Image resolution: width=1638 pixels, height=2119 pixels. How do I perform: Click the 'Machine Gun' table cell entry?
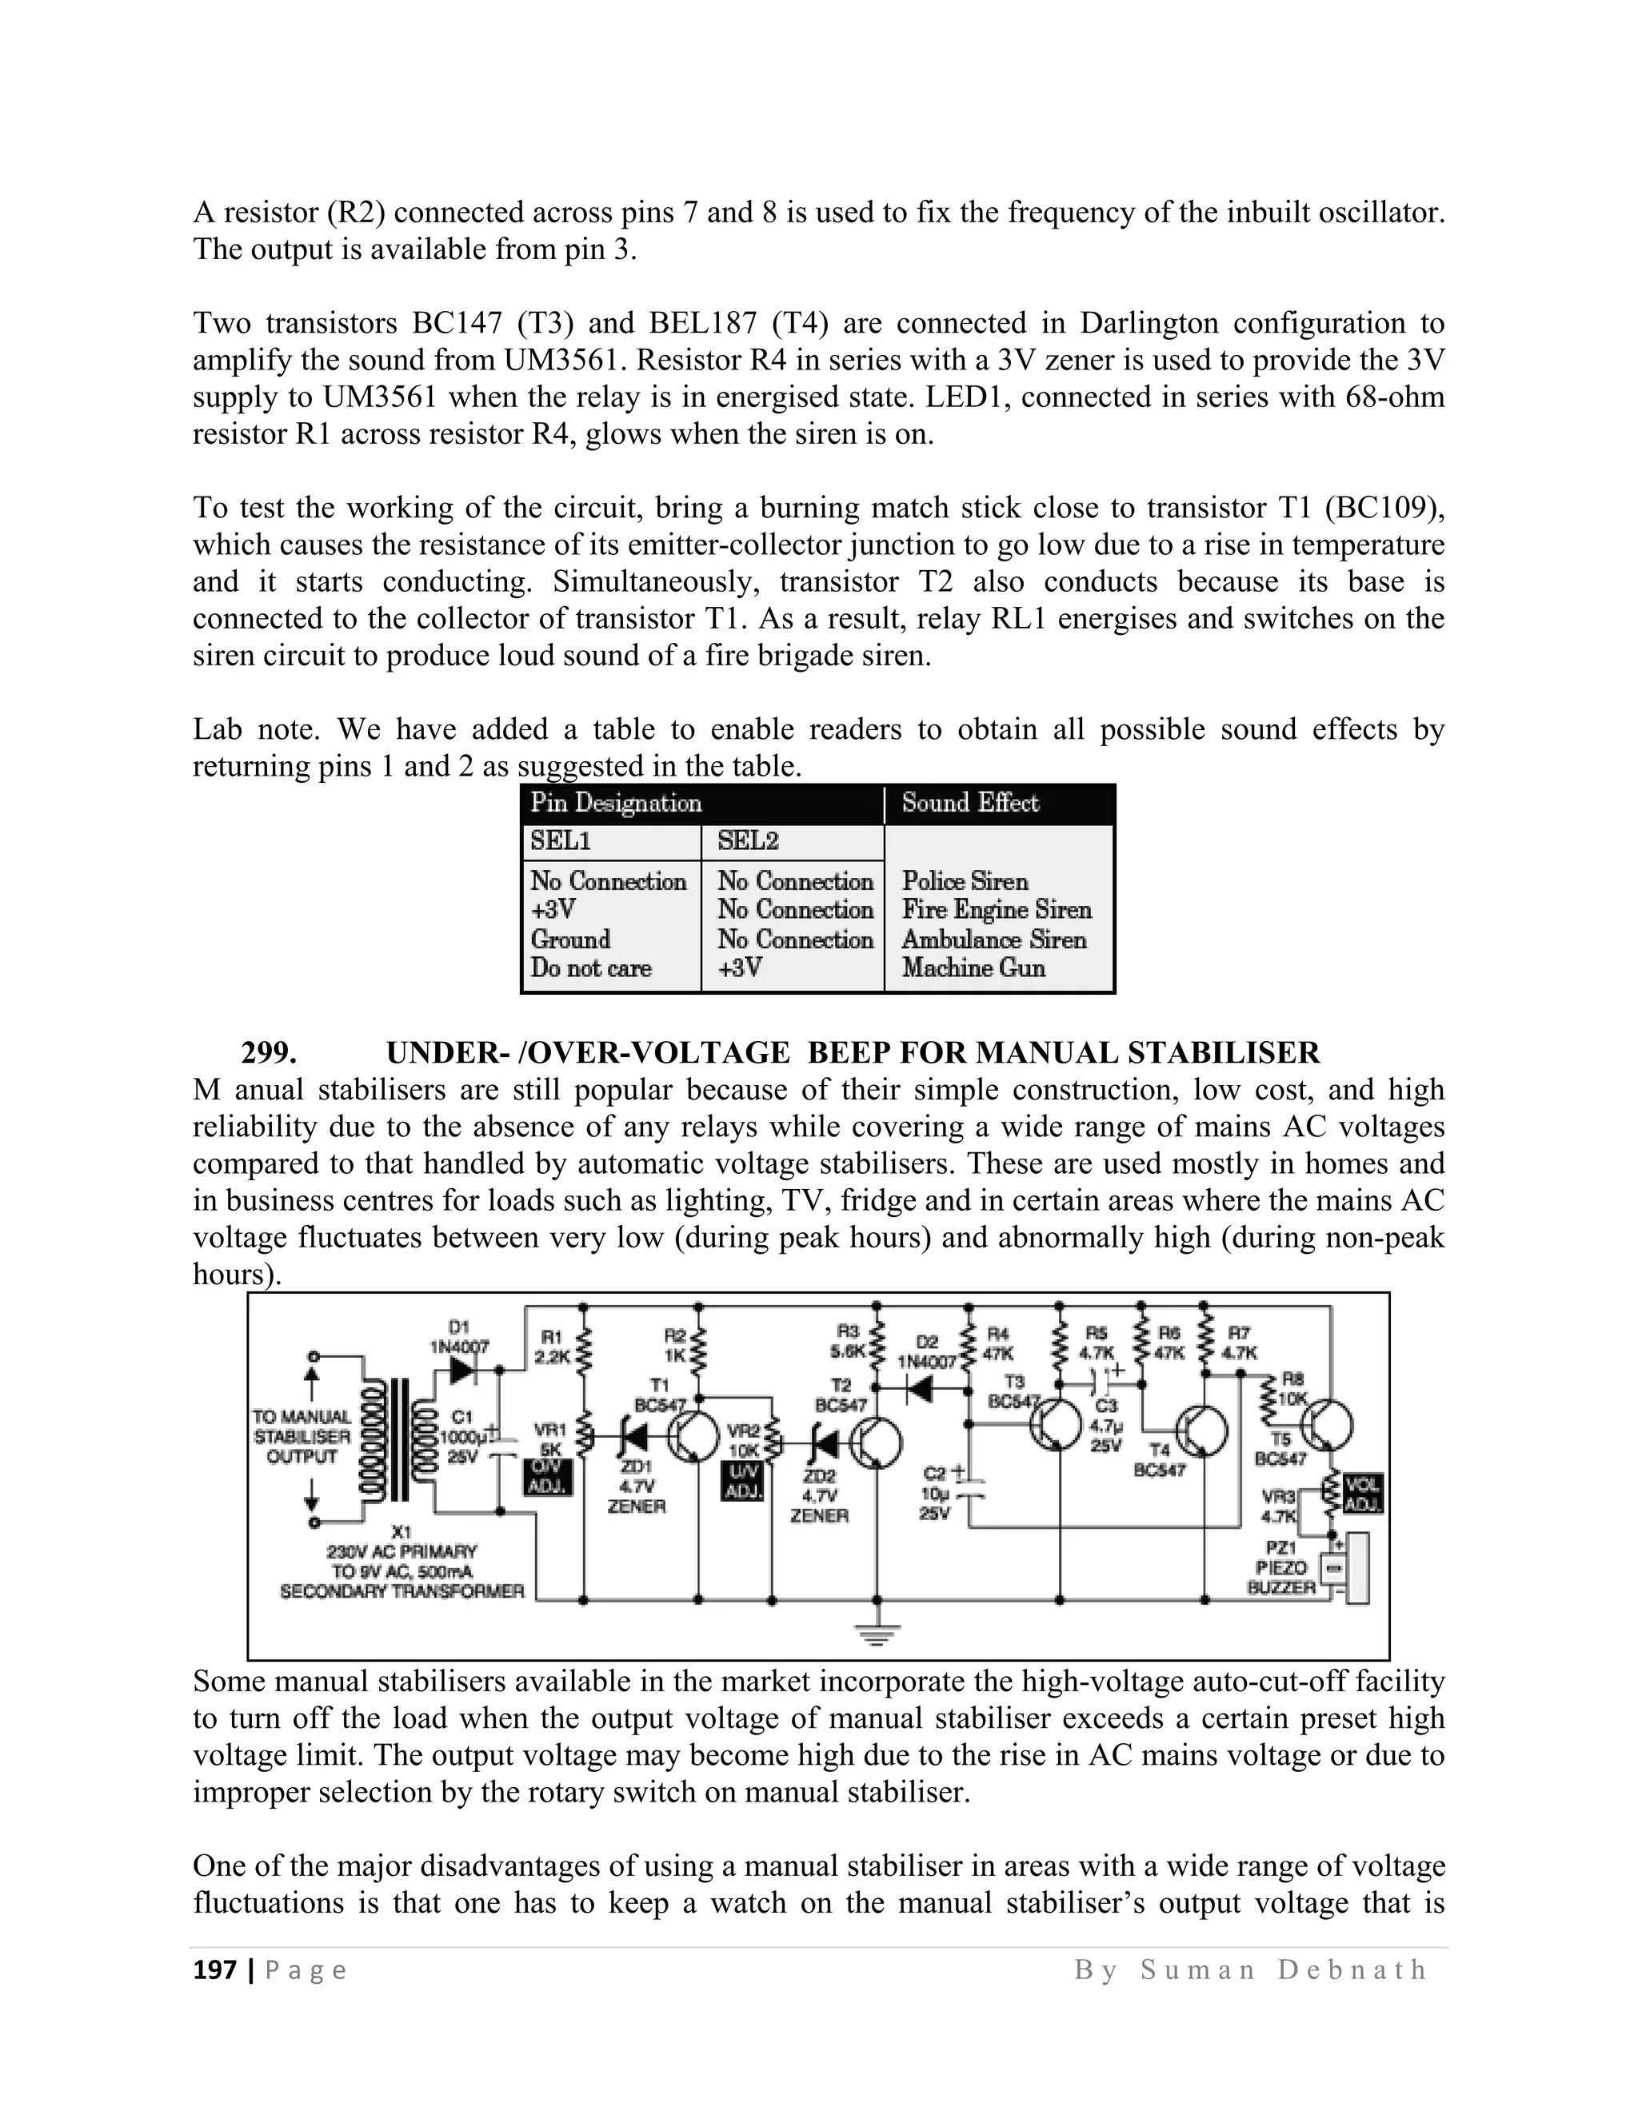point(973,968)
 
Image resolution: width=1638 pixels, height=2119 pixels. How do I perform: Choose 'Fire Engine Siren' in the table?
point(997,910)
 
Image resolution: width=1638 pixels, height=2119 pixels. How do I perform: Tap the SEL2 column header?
point(748,841)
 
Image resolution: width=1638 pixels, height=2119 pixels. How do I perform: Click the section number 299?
point(269,1053)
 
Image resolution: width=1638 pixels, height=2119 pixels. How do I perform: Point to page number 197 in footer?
point(214,1970)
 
